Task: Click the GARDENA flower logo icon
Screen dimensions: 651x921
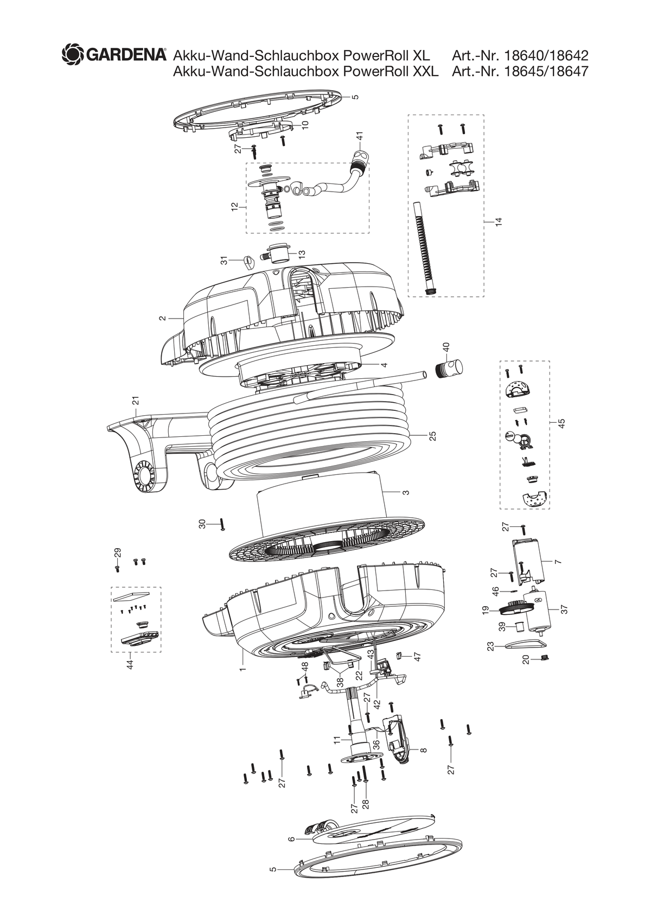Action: (x=73, y=55)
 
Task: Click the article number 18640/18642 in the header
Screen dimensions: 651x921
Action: (x=547, y=55)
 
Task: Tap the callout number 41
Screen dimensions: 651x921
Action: (x=360, y=136)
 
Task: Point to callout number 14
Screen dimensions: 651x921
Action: (x=499, y=221)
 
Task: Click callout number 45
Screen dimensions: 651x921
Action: (x=562, y=423)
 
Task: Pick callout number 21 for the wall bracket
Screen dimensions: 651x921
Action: (x=136, y=401)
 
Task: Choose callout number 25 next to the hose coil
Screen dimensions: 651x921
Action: (x=432, y=436)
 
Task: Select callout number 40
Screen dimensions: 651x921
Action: (x=446, y=347)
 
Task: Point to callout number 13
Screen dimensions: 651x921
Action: (x=302, y=255)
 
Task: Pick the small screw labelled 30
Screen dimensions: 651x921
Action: (x=222, y=524)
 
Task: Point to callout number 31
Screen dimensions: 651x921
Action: (x=225, y=261)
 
